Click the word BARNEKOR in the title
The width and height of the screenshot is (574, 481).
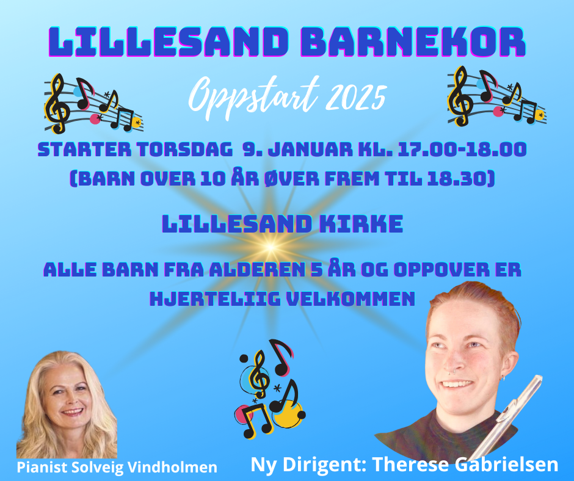click(x=413, y=42)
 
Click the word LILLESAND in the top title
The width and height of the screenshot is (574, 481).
click(x=167, y=42)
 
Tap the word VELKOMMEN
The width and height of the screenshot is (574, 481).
click(x=351, y=298)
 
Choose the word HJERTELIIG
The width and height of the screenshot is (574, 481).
click(x=215, y=298)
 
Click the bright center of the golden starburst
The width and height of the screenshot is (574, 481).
click(x=270, y=247)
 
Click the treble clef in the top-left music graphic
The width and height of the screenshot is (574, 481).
click(x=57, y=104)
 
